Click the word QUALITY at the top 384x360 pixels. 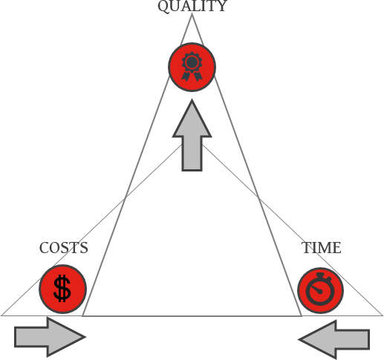[192, 6]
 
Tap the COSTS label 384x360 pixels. [64, 248]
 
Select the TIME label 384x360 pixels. [322, 248]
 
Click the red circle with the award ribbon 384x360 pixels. [192, 67]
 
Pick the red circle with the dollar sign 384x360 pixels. [62, 289]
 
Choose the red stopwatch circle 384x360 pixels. [320, 290]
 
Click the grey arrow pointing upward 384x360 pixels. [192, 135]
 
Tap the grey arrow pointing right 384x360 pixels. [50, 337]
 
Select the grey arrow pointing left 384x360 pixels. [334, 339]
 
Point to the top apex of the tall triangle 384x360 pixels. [192, 14]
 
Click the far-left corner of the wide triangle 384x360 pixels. [1, 315]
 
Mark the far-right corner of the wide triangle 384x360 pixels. [383, 315]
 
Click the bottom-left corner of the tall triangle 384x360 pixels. [82, 316]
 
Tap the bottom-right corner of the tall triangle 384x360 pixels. [302, 316]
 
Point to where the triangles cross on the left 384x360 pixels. [126, 197]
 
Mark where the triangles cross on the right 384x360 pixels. [258, 197]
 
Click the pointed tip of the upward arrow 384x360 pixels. [192, 100]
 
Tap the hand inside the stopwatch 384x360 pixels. [316, 289]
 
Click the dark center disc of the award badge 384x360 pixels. [192, 62]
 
